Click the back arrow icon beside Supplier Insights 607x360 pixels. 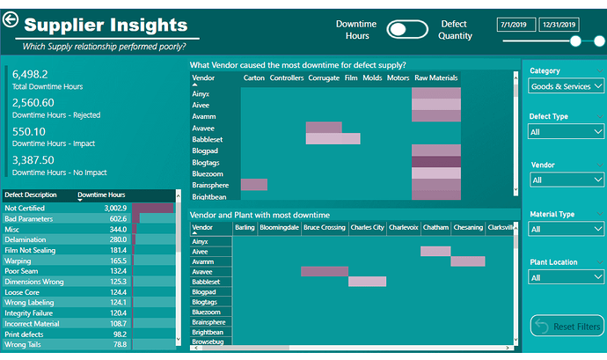tap(11, 19)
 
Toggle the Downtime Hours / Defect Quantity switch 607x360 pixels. tap(407, 29)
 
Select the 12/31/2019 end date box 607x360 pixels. tap(559, 25)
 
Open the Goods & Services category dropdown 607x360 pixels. tap(566, 86)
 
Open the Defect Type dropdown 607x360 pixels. tap(566, 132)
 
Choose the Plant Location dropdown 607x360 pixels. tap(566, 277)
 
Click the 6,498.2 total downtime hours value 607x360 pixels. tap(30, 74)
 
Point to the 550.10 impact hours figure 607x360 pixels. tap(29, 132)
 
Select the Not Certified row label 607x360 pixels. tap(25, 208)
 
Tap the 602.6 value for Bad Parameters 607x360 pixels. tap(118, 218)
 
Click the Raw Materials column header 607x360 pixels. tap(435, 77)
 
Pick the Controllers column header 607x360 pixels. tap(287, 77)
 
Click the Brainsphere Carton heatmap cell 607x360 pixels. tap(254, 185)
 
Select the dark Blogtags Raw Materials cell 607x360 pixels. tap(436, 162)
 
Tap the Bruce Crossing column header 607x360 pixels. tap(325, 227)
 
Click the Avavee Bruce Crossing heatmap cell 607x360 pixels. tap(325, 271)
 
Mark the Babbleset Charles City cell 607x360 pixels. tap(367, 282)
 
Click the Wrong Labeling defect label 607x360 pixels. tap(29, 302)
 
